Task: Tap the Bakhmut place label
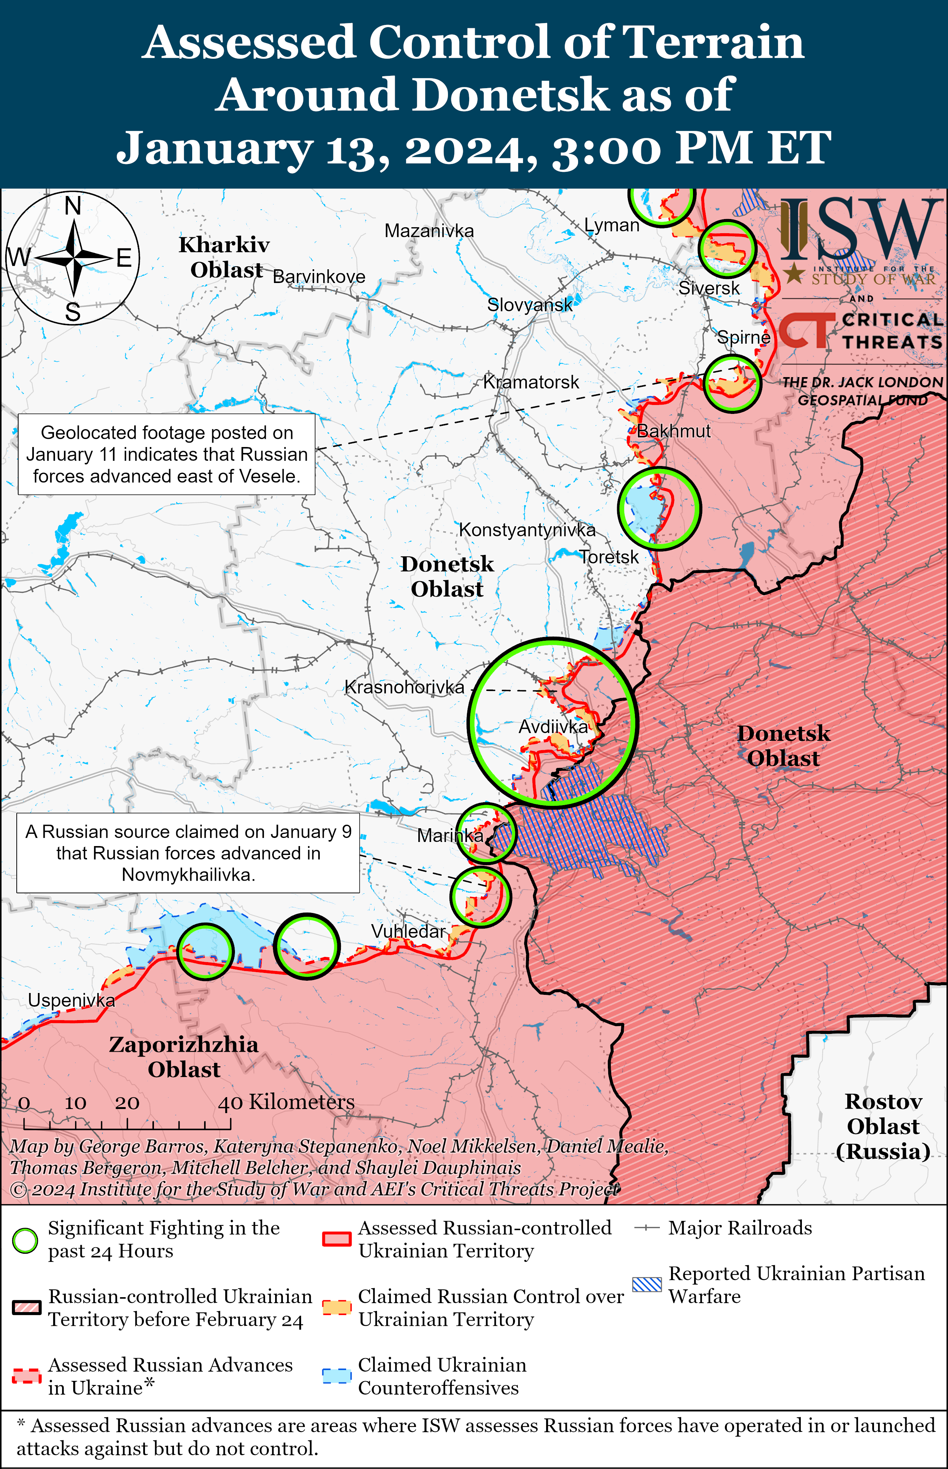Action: coord(673,431)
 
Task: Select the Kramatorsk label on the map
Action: coord(531,382)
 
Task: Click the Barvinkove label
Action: coord(319,277)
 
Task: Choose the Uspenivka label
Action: coord(71,1000)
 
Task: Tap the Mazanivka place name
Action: coord(429,231)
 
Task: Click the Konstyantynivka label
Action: coord(527,530)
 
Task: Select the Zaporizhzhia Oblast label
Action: coord(183,1057)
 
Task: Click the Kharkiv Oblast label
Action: coord(225,257)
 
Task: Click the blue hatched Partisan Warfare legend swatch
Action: coord(647,1284)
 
